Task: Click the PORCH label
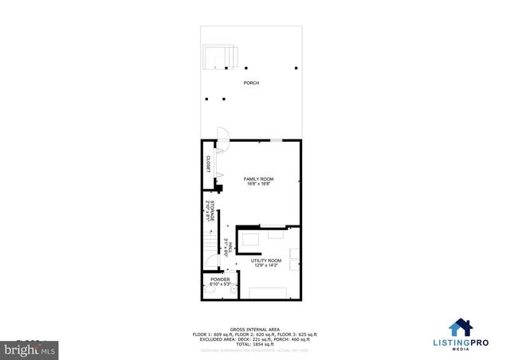251,83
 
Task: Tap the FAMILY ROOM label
258,178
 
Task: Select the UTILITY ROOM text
266,260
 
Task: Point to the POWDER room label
220,279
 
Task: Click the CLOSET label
208,164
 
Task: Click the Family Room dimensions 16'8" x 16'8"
258,184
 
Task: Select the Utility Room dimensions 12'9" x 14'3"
266,266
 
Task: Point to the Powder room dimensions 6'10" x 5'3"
220,284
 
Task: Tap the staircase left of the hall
209,242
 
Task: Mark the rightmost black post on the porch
296,68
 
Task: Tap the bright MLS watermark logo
25,349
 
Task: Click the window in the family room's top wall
275,140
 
